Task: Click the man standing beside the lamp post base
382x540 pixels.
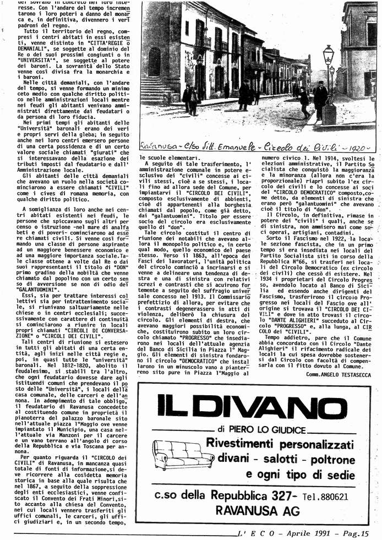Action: tap(320, 99)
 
